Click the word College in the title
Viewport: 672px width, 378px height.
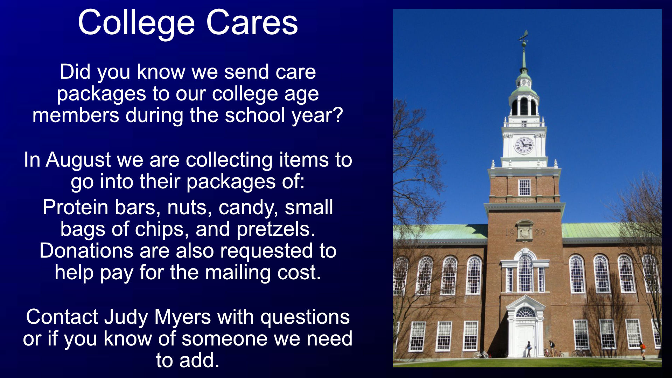point(136,23)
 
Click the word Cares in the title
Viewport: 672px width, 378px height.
point(252,23)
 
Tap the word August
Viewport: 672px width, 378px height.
point(78,160)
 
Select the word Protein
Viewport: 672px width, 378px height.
point(76,207)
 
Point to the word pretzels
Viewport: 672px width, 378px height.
point(276,230)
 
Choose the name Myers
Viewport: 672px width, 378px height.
point(183,317)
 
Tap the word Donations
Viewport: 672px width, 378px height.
point(86,251)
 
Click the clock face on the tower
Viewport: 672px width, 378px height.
point(524,145)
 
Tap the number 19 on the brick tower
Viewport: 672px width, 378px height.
point(510,232)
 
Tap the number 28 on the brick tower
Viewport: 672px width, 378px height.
point(540,232)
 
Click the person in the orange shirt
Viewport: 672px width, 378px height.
point(643,350)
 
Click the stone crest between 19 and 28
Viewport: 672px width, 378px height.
point(525,231)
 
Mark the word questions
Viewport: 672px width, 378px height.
point(305,317)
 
